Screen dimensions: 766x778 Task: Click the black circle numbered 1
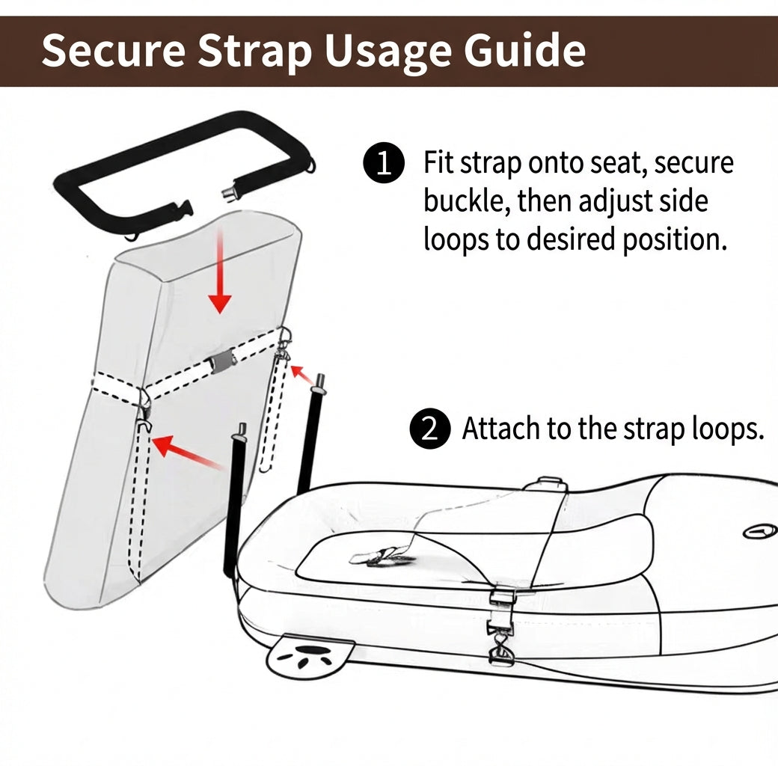[x=383, y=163]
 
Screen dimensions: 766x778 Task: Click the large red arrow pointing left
[x=187, y=453]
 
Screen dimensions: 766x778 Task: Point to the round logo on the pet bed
[x=759, y=532]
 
